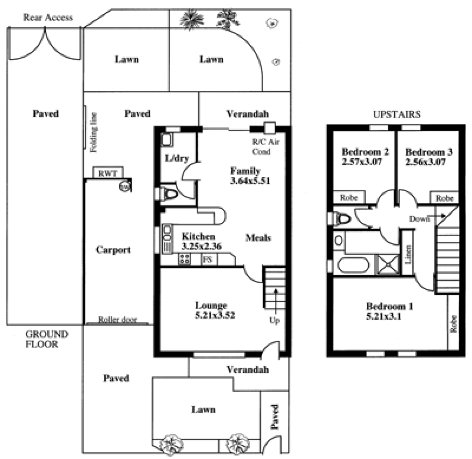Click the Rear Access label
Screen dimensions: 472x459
click(48, 18)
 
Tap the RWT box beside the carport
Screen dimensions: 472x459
click(107, 172)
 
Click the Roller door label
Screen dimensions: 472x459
click(117, 319)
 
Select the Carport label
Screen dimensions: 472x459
click(113, 250)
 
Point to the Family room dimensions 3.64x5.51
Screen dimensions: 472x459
click(250, 181)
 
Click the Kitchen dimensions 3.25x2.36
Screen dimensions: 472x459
click(201, 246)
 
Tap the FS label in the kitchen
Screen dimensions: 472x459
click(208, 259)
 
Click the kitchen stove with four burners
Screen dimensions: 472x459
click(185, 259)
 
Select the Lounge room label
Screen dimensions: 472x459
click(211, 306)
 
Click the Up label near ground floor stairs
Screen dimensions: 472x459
click(274, 320)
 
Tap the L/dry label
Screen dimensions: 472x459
click(176, 158)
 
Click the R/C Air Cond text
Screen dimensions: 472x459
click(265, 146)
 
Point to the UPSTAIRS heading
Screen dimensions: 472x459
click(396, 114)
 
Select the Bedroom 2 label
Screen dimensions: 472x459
click(365, 152)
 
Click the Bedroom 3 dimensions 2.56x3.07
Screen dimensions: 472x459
click(425, 162)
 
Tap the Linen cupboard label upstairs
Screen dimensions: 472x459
click(408, 255)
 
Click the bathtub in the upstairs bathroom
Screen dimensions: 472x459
click(353, 265)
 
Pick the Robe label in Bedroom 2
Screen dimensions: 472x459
click(349, 198)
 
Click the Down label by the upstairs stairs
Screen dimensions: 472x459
click(419, 219)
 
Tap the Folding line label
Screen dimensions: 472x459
click(94, 132)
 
